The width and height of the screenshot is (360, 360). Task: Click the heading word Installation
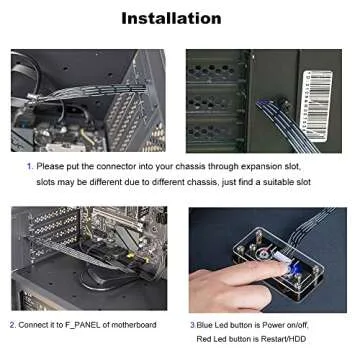coord(171,18)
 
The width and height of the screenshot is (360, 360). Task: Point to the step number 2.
coord(12,325)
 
